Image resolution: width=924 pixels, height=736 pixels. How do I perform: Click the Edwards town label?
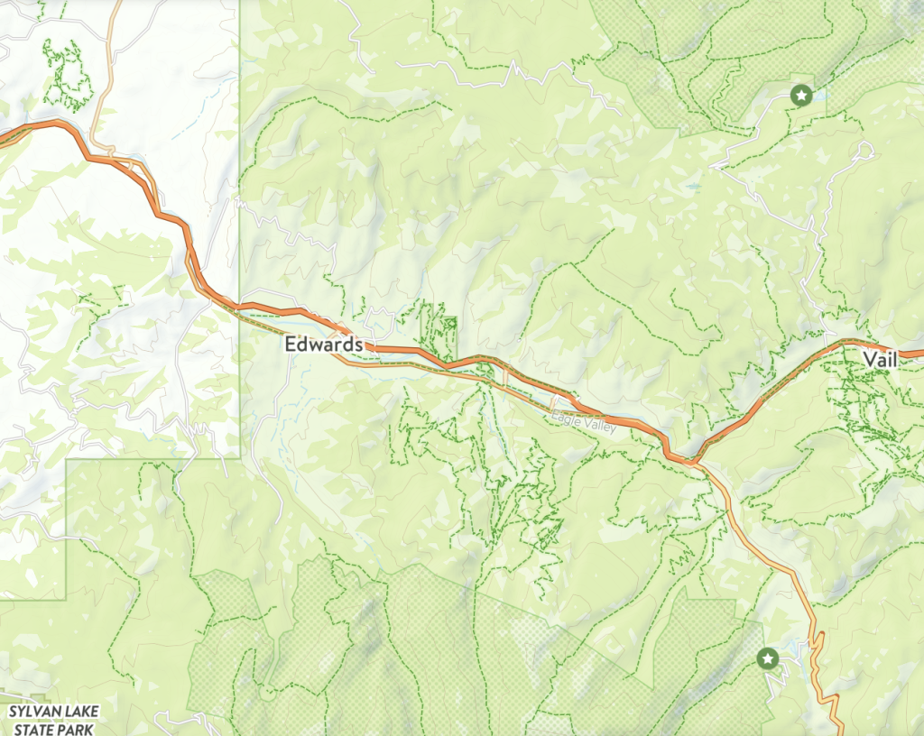click(x=323, y=345)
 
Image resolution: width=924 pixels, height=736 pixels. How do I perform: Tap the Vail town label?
click(x=880, y=359)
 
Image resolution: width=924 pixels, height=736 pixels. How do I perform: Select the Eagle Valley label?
click(x=585, y=423)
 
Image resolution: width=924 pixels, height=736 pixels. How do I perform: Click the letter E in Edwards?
click(x=290, y=345)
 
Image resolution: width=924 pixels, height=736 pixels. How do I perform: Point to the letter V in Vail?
click(x=867, y=359)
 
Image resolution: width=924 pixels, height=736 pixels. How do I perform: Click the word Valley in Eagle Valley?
click(x=599, y=427)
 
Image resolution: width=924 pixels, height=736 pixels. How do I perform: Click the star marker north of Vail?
click(x=799, y=94)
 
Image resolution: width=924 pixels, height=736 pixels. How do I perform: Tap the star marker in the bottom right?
click(x=768, y=659)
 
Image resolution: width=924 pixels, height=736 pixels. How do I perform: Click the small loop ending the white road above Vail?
click(x=865, y=149)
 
